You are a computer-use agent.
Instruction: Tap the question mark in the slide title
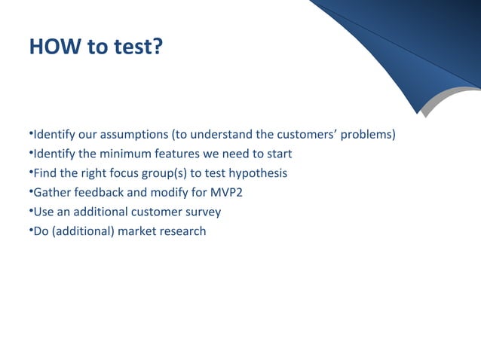point(155,47)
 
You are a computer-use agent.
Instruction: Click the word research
point(182,231)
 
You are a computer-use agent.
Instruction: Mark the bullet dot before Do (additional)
point(30,230)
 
